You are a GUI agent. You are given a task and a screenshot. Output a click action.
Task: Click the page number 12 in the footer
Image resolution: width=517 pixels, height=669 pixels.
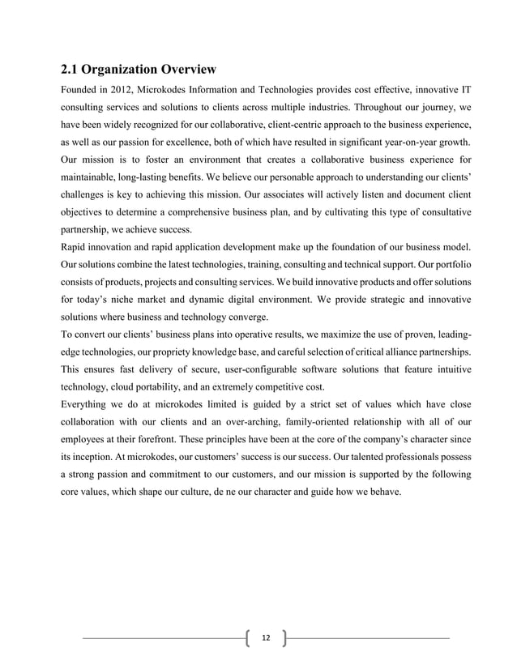265,639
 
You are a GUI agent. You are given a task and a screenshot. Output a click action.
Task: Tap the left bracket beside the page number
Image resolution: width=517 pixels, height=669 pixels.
246,639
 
